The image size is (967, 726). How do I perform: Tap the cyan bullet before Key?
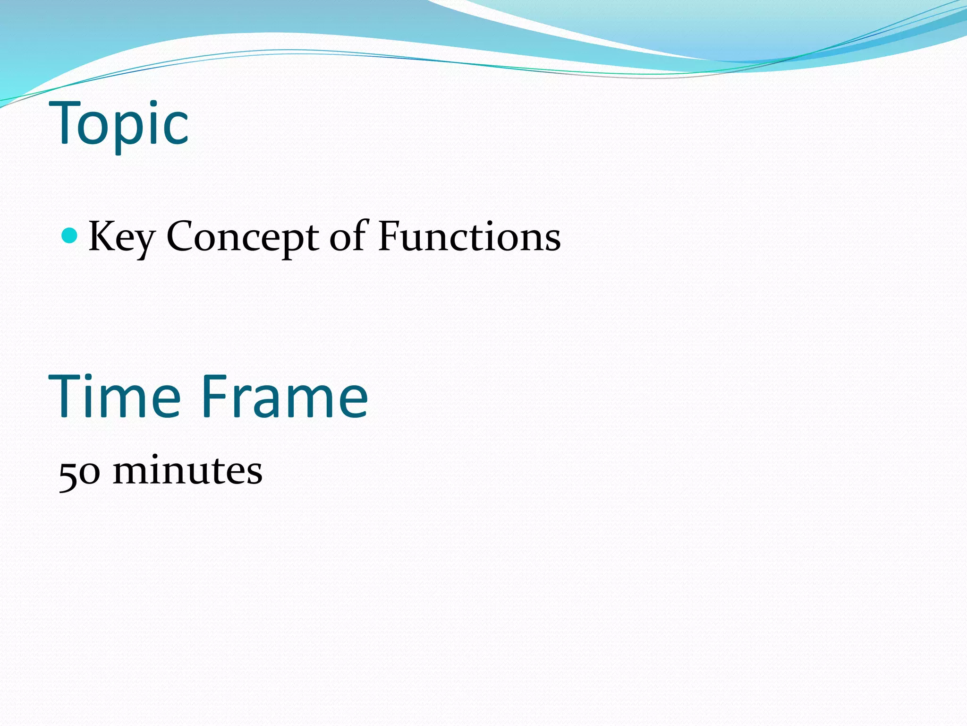[69, 235]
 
